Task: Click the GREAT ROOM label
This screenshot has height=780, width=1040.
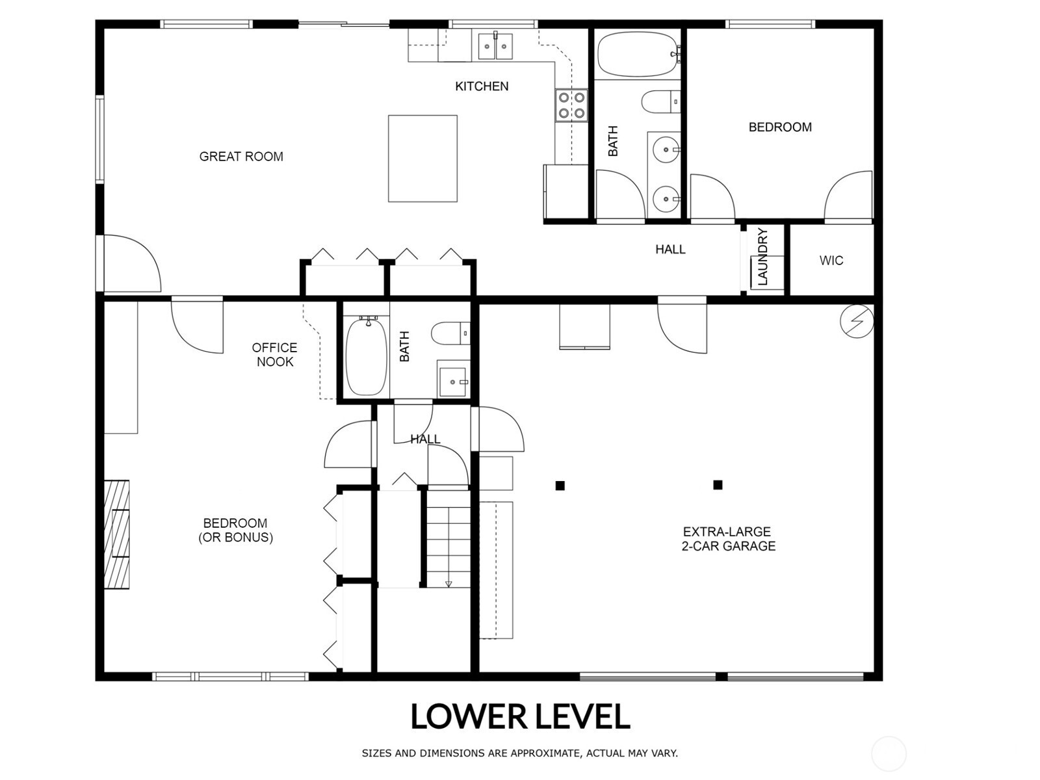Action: (241, 157)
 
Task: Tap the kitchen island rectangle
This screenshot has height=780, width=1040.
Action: (422, 159)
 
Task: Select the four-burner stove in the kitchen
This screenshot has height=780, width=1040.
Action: (571, 105)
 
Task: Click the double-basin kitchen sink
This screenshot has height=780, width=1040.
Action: (495, 45)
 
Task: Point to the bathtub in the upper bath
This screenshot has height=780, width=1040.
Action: (637, 55)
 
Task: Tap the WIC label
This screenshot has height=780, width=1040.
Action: (831, 261)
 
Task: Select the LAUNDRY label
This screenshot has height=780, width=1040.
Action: (763, 257)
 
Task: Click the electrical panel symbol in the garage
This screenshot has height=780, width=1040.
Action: (857, 320)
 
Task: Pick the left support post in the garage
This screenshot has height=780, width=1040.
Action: (560, 486)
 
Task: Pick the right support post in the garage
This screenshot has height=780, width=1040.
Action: (718, 485)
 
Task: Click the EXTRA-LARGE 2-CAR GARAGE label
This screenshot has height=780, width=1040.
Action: (728, 539)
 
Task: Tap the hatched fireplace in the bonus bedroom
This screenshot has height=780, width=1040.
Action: (117, 534)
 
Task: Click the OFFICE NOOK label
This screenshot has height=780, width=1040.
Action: (275, 355)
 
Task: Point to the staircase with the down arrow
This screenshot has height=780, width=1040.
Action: (448, 539)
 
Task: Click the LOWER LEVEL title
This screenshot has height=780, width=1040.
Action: (520, 716)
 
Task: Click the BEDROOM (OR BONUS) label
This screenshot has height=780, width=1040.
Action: (235, 530)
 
